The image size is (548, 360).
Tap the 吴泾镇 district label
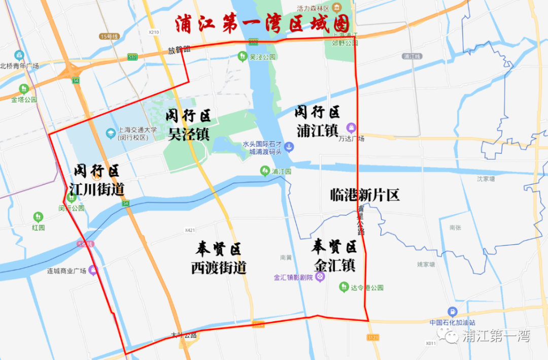189,133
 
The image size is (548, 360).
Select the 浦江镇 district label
318,130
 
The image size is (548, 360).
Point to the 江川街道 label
96,189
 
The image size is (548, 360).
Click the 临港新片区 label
365,194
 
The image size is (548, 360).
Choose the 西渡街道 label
219,267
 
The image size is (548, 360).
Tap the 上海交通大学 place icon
110,133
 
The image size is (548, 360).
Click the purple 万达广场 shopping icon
351,127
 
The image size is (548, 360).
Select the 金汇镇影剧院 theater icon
320,277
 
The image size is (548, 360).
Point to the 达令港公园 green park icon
344,287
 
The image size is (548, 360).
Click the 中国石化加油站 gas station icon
452,311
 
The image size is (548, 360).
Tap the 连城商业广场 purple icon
93,271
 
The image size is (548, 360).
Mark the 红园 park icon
39,217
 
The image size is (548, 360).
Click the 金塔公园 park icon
24,89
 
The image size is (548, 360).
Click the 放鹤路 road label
180,50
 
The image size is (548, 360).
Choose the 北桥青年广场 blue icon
19,55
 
